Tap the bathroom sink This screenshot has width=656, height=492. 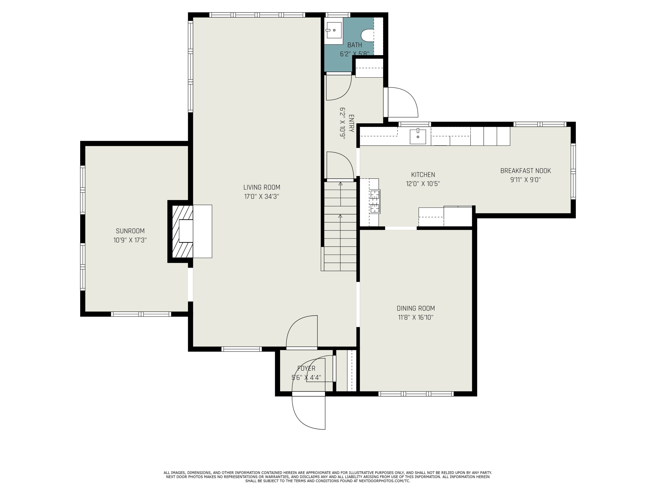[x=334, y=30]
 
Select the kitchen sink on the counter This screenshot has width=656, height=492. [x=418, y=136]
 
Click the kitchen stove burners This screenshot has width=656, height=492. [x=375, y=202]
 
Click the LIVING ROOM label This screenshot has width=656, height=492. [x=262, y=187]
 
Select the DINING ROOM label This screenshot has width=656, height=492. [x=416, y=308]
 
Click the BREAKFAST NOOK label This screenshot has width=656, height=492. [x=525, y=171]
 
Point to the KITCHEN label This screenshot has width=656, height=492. [x=423, y=175]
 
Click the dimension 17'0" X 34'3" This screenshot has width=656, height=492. [x=262, y=197]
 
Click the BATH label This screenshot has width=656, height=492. [x=355, y=45]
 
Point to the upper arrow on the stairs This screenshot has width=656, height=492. [x=340, y=194]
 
